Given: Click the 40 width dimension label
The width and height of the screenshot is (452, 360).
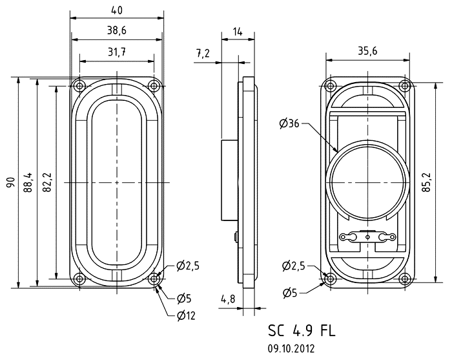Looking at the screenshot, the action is pos(117,10).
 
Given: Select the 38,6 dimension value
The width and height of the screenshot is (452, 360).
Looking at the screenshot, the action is pos(117,30).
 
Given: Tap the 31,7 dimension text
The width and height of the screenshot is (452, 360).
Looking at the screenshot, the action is pos(117,52).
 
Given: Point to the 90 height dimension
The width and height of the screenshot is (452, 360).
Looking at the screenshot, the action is pos(10,182).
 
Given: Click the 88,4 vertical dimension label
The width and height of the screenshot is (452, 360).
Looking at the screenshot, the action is pos(28,182).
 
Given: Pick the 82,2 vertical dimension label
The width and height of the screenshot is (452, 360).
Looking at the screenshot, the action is pos(46,182).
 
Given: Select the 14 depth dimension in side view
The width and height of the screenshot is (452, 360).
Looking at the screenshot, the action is pos(238,32).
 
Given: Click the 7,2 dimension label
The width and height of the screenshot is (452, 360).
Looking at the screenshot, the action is pos(203,54).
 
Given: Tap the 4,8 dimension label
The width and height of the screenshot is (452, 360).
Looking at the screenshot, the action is pos(228,299).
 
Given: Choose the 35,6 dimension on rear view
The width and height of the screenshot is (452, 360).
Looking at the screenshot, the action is pos(367,51).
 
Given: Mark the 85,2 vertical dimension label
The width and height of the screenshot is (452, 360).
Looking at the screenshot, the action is pos(427,182).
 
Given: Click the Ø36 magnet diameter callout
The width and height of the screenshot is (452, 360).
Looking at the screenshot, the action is pos(289,123).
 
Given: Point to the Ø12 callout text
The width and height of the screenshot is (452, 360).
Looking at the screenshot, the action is pos(187,316).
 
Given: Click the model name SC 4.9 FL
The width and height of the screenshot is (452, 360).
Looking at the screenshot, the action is pos(302,330).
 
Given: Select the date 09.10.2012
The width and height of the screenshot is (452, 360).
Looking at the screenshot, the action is pos(291,348).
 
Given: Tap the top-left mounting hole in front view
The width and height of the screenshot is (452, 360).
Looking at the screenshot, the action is pos(79,86).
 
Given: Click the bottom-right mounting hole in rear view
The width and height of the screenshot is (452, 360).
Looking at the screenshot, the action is pos(405,279).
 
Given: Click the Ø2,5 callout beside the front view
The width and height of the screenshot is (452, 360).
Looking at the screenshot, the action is pos(188,266).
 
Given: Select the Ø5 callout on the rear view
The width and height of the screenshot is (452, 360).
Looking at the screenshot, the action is pos(290,293).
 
